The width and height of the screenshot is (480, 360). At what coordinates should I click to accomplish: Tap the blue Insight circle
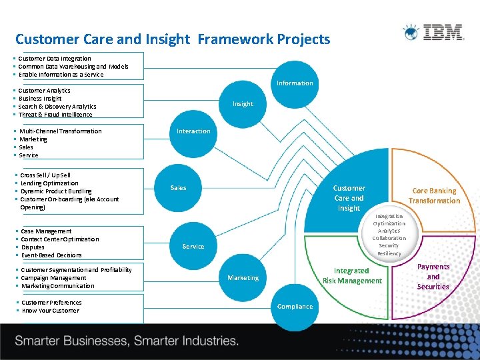coord(243,103)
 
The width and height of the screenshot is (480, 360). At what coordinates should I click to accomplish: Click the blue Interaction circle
coord(193,131)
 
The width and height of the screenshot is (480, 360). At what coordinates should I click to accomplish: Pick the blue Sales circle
coord(178,187)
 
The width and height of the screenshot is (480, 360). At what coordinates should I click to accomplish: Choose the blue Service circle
coord(193,246)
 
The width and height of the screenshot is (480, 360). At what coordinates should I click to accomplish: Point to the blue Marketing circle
coord(243,277)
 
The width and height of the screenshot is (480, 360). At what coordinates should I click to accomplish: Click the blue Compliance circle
coord(295,307)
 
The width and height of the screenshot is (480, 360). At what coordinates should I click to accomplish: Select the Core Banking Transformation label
coord(434,195)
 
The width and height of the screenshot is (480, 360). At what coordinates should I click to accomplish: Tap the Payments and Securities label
coord(433,277)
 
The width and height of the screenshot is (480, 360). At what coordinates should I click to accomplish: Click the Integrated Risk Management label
coord(352,276)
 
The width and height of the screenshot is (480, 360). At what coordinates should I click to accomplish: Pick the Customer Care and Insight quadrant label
coord(349,198)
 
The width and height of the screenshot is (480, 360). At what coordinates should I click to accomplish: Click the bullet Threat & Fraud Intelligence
coord(55,115)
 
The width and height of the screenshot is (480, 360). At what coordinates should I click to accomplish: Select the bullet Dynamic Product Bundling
coord(56,191)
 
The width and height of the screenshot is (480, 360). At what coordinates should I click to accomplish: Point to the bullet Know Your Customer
coord(51,311)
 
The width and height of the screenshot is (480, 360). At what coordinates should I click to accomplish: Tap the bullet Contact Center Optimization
coord(60,239)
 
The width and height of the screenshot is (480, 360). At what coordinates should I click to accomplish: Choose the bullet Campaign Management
coord(54,278)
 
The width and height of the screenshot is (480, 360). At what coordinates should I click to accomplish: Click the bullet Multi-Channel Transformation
coord(61,131)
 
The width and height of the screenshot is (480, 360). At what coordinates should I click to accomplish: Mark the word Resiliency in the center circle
coord(389,254)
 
